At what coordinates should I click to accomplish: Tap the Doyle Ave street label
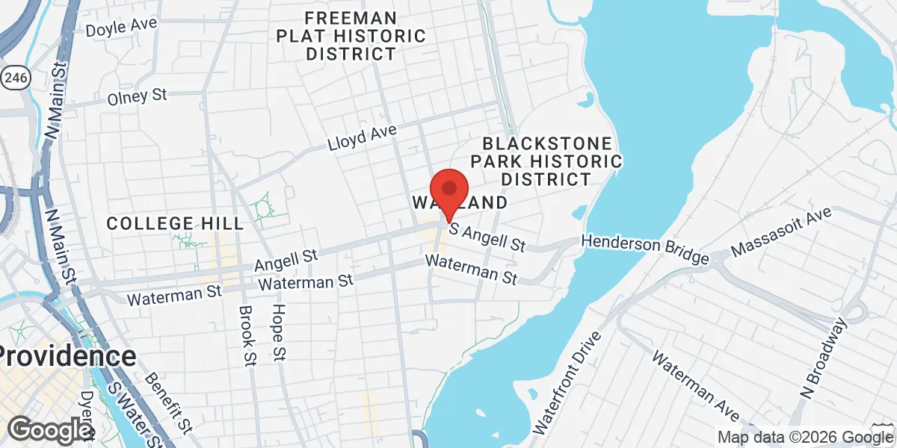121,27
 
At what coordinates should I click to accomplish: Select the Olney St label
137,96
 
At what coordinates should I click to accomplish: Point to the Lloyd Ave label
362,138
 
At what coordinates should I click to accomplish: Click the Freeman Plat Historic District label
351,35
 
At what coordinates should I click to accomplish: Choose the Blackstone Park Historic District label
552,161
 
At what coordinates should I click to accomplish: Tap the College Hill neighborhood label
175,223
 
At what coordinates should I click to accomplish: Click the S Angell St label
487,237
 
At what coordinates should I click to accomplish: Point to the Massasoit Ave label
781,231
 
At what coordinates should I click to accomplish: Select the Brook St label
246,336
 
